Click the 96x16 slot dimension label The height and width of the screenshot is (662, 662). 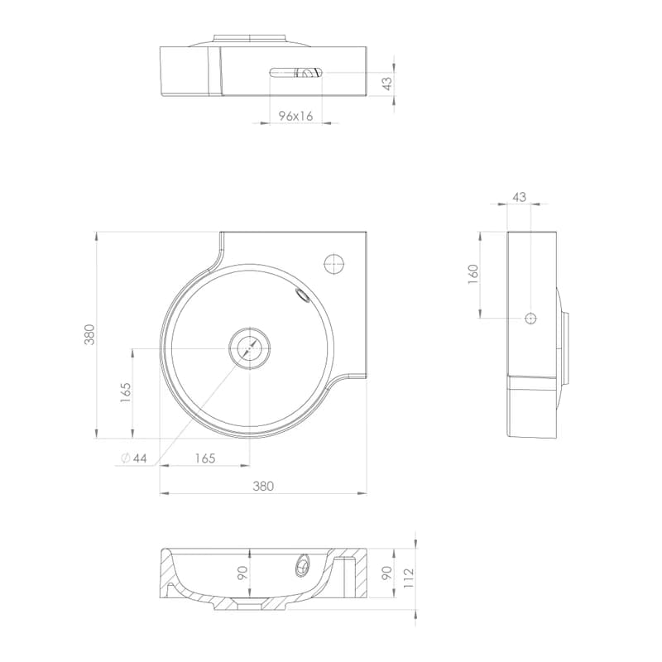point(295,116)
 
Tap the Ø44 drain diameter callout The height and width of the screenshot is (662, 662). point(133,458)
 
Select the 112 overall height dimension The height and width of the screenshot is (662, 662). point(409,578)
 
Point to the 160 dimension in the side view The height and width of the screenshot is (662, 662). point(473,274)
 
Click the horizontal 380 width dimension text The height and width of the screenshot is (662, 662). point(263,487)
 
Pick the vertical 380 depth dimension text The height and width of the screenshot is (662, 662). point(89,334)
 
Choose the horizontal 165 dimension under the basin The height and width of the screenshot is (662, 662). point(205,458)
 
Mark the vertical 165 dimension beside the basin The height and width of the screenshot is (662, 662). point(126,392)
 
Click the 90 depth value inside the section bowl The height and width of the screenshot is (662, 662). point(242,573)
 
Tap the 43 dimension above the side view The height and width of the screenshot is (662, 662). point(520,197)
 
